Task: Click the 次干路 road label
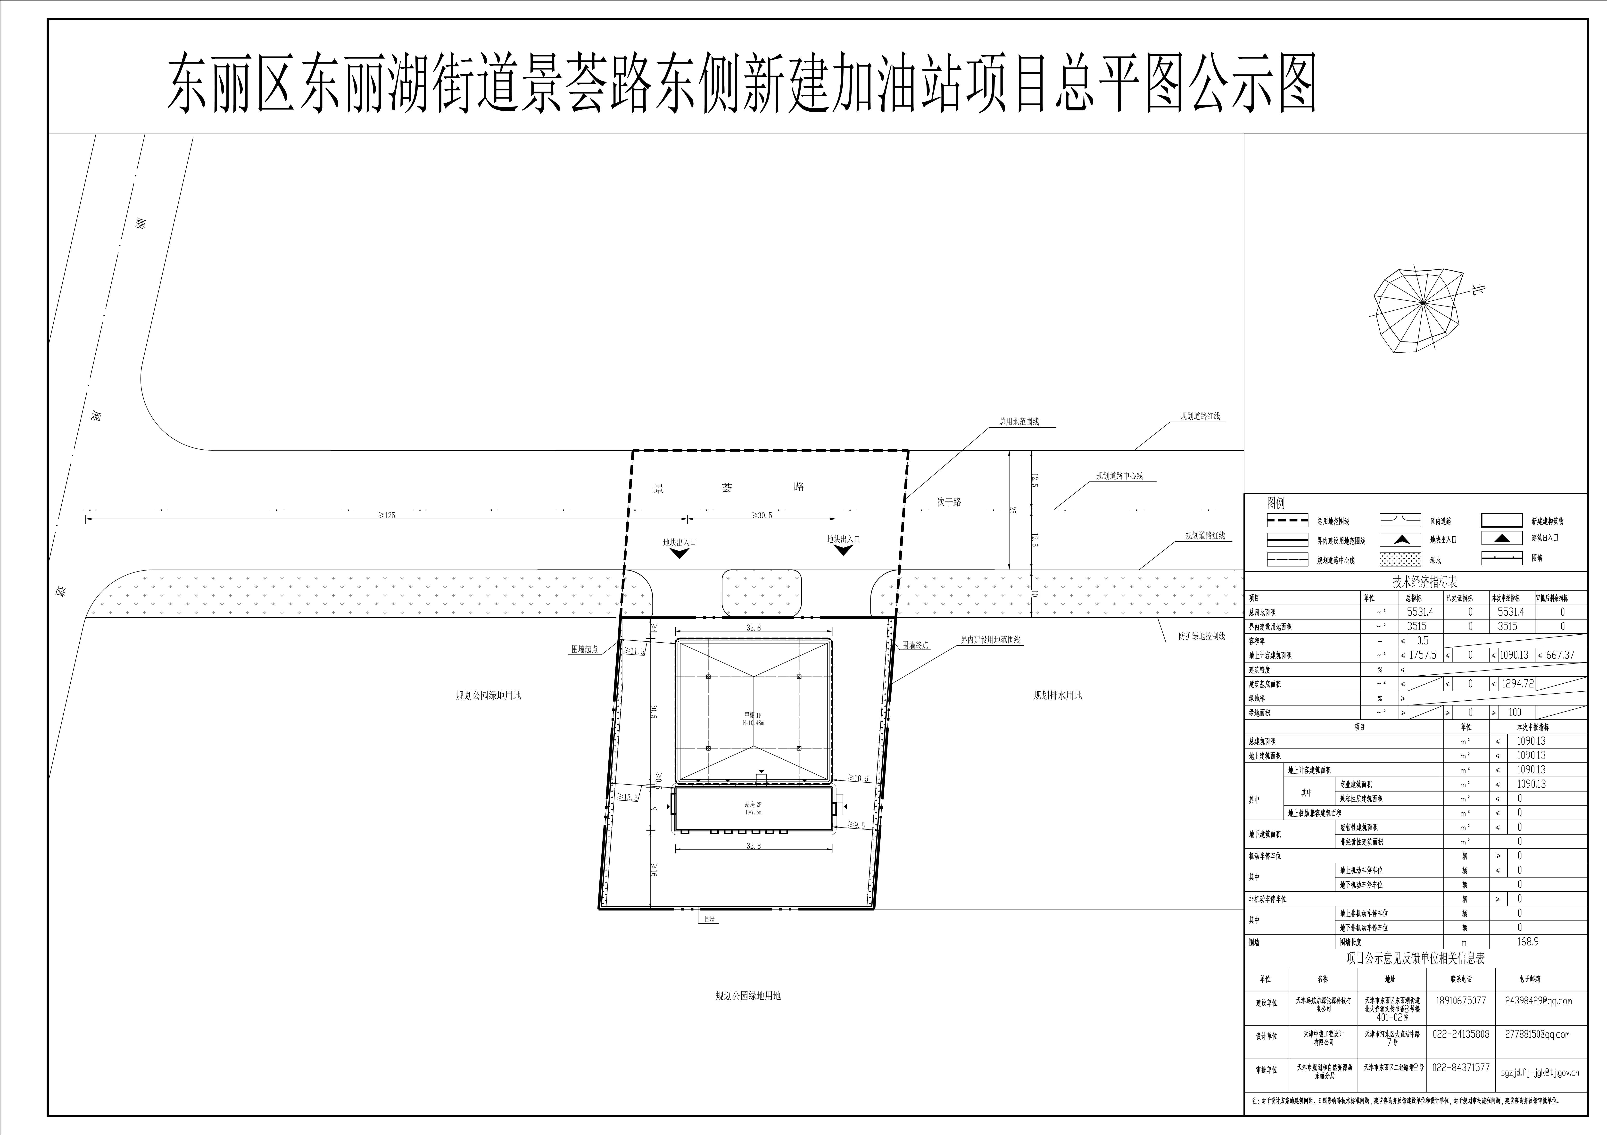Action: (949, 502)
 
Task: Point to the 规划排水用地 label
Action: (1058, 695)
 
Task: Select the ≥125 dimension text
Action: (386, 516)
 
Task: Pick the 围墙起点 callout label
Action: (584, 649)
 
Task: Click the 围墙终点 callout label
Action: (915, 645)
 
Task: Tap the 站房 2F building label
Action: (753, 808)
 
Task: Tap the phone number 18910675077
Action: (1461, 1001)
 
